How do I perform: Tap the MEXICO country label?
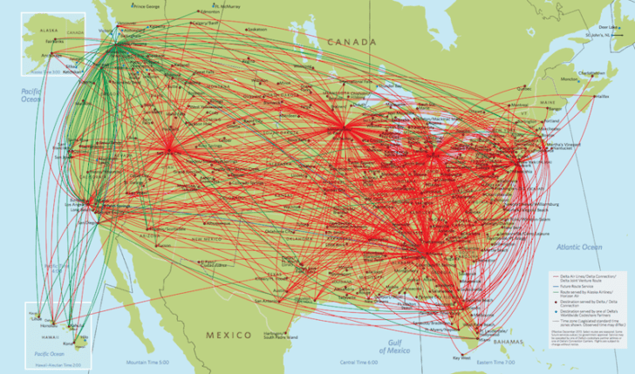pos(229,335)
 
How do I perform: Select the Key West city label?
pos(461,357)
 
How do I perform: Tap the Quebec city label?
pos(524,88)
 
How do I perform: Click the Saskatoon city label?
pos(255,29)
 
